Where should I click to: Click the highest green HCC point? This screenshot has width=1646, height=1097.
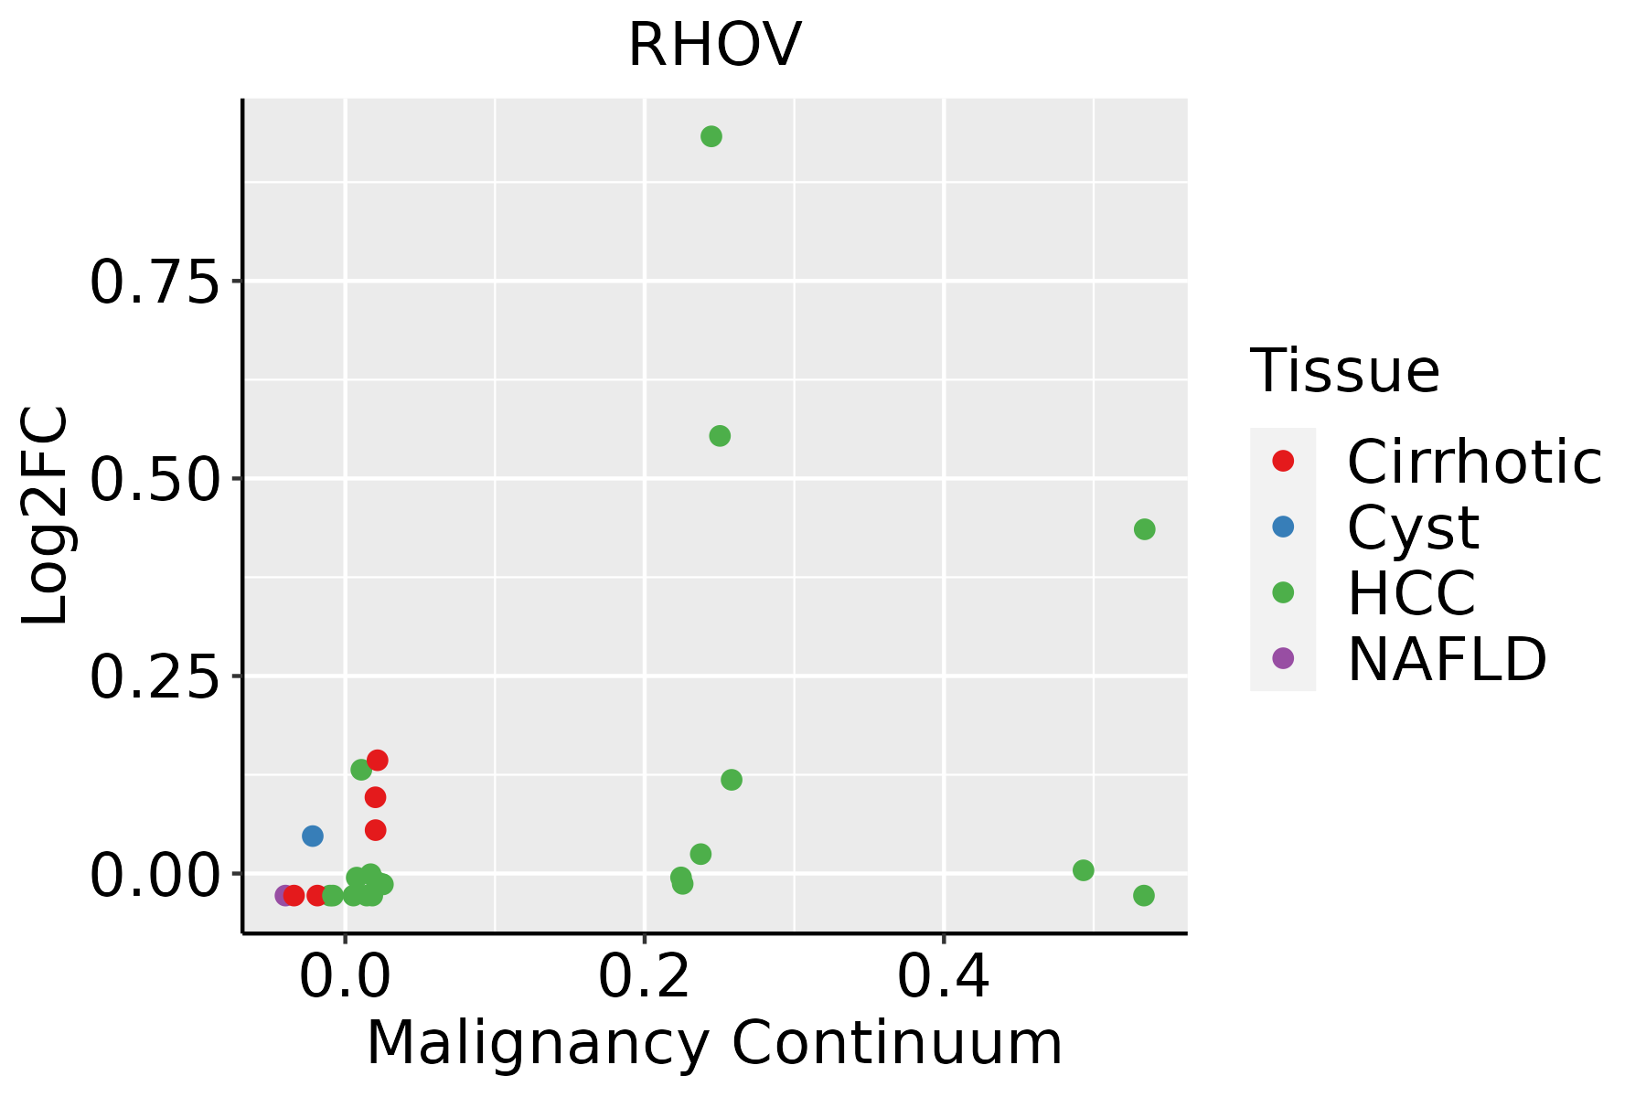click(711, 137)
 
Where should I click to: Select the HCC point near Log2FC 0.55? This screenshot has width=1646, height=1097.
click(720, 436)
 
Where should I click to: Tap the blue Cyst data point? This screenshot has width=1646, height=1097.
click(313, 836)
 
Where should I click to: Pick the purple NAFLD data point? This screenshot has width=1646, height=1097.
click(284, 895)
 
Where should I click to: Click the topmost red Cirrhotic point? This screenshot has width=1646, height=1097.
click(377, 761)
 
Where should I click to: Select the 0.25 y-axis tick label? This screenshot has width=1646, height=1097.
click(155, 677)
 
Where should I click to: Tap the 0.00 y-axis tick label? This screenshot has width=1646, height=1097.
click(155, 875)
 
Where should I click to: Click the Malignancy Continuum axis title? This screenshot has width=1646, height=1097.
click(714, 1044)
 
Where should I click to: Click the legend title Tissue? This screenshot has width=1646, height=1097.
click(1344, 371)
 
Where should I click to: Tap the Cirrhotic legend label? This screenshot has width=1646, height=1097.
click(1474, 463)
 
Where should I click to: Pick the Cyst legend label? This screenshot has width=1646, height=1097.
click(1413, 528)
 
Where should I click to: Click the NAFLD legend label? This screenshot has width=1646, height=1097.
click(1447, 659)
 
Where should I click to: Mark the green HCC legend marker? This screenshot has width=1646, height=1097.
click(1283, 592)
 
